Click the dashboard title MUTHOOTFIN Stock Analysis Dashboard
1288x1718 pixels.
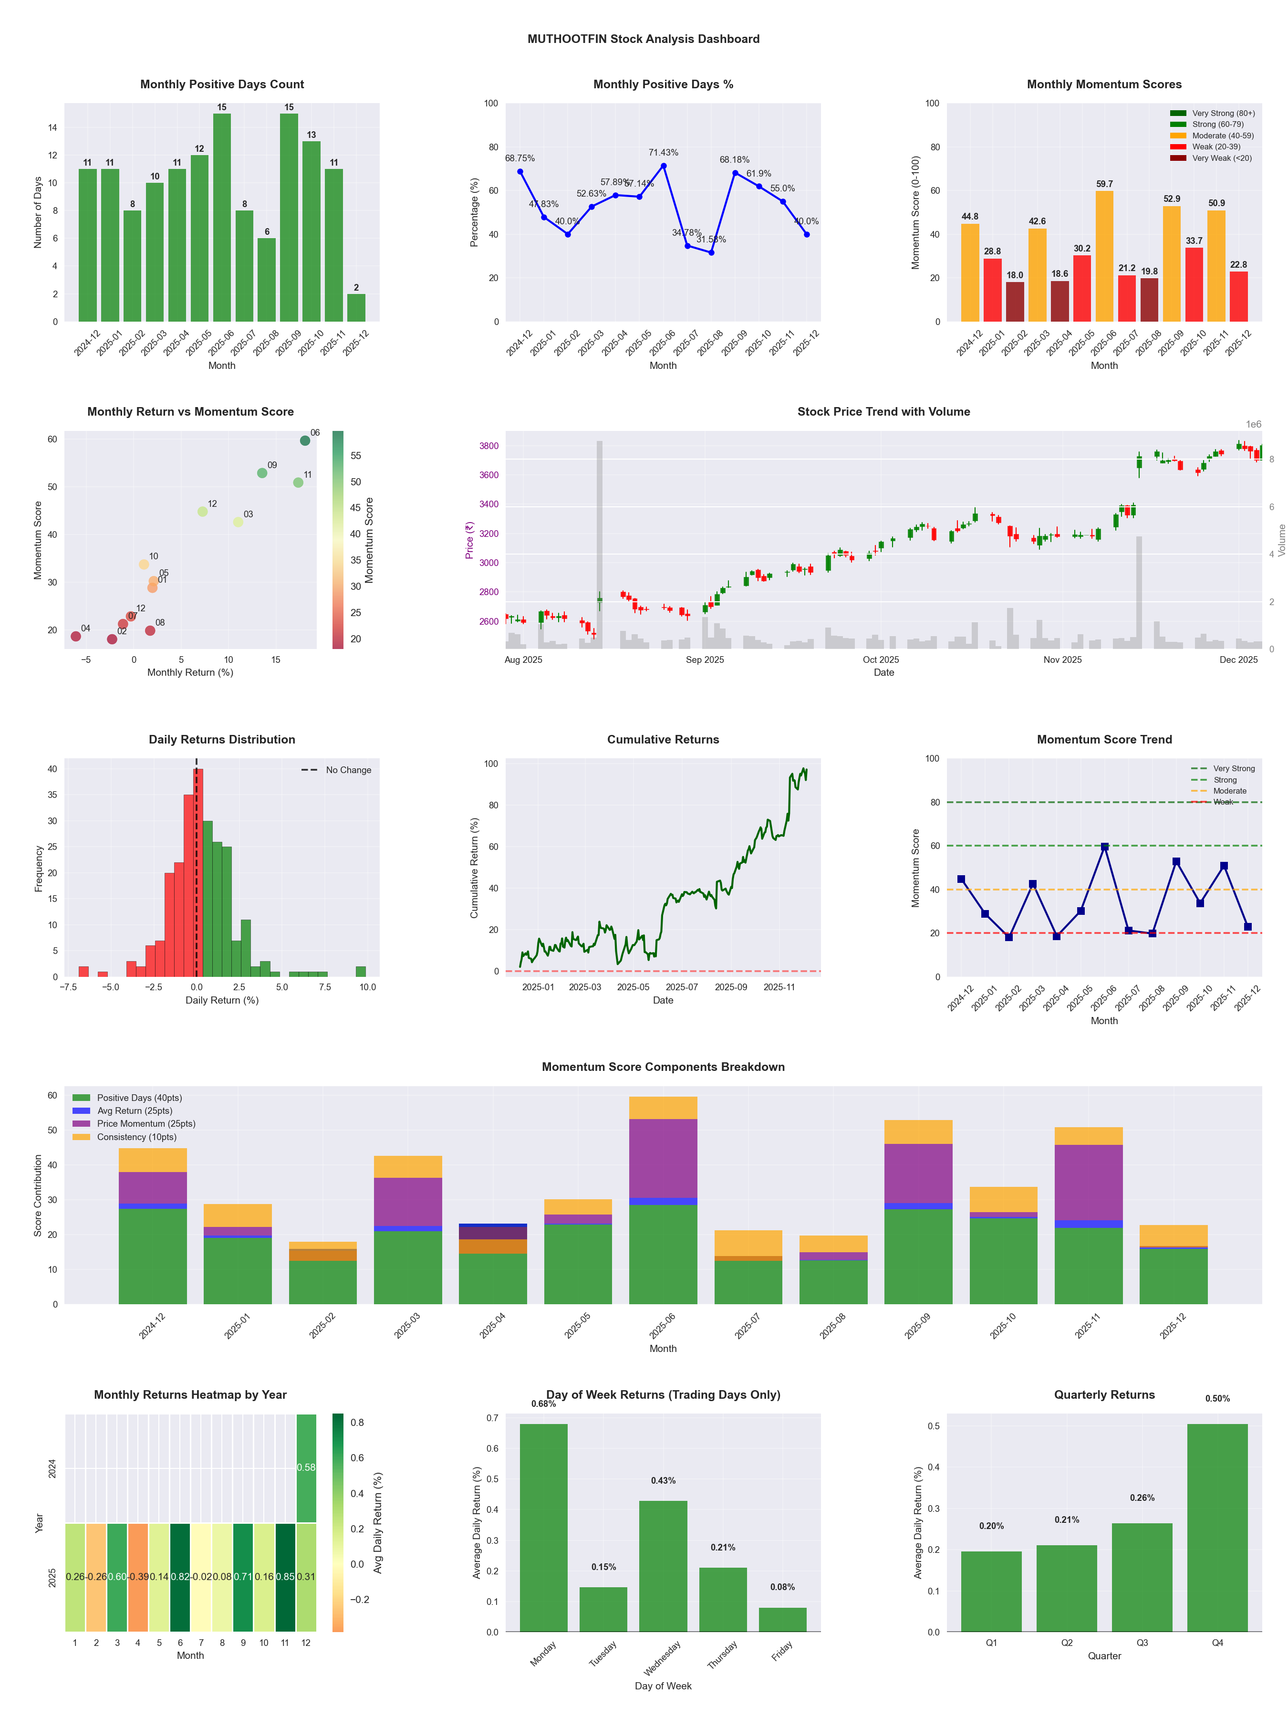click(x=643, y=39)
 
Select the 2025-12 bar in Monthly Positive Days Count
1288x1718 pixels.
click(x=356, y=307)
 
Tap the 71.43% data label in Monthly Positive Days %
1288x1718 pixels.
click(x=663, y=152)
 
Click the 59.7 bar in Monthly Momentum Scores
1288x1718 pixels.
click(x=1104, y=256)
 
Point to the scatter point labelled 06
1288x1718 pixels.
click(x=305, y=440)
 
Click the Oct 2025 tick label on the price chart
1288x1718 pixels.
click(x=881, y=660)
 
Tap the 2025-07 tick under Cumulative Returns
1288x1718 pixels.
click(x=682, y=987)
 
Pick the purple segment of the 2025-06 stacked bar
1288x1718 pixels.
click(x=663, y=1158)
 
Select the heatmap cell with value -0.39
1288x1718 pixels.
click(x=138, y=1577)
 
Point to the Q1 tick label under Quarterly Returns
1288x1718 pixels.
click(x=991, y=1643)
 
